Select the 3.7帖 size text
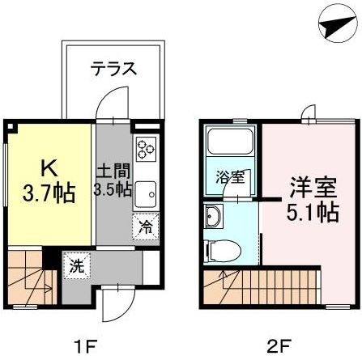(50, 193)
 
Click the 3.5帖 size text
(113, 191)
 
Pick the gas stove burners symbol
(146, 150)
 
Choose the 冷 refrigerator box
(146, 227)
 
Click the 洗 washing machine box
(75, 264)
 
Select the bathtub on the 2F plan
(229, 145)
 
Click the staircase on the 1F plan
(29, 279)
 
